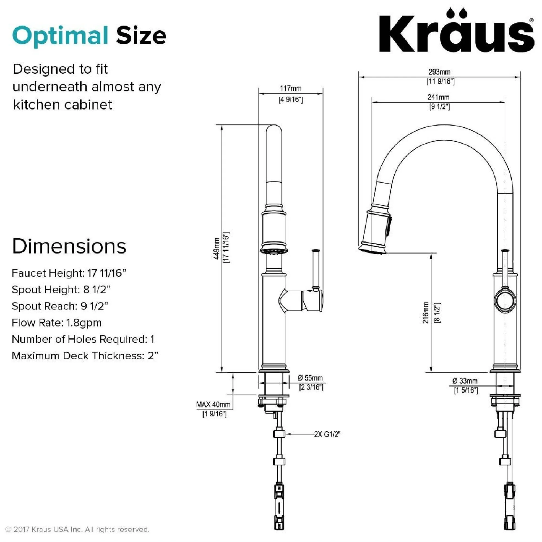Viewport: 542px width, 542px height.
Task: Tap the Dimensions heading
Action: coord(69,246)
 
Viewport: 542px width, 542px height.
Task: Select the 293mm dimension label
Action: coord(440,72)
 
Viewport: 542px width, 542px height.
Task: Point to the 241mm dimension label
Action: coord(439,97)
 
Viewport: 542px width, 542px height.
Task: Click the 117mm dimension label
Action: coord(291,88)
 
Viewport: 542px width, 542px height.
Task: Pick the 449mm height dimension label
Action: coord(216,249)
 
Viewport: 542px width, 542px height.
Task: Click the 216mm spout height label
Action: coord(426,312)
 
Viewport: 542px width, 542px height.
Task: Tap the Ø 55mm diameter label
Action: coord(310,378)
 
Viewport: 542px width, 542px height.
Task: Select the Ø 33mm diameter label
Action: coord(465,381)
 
